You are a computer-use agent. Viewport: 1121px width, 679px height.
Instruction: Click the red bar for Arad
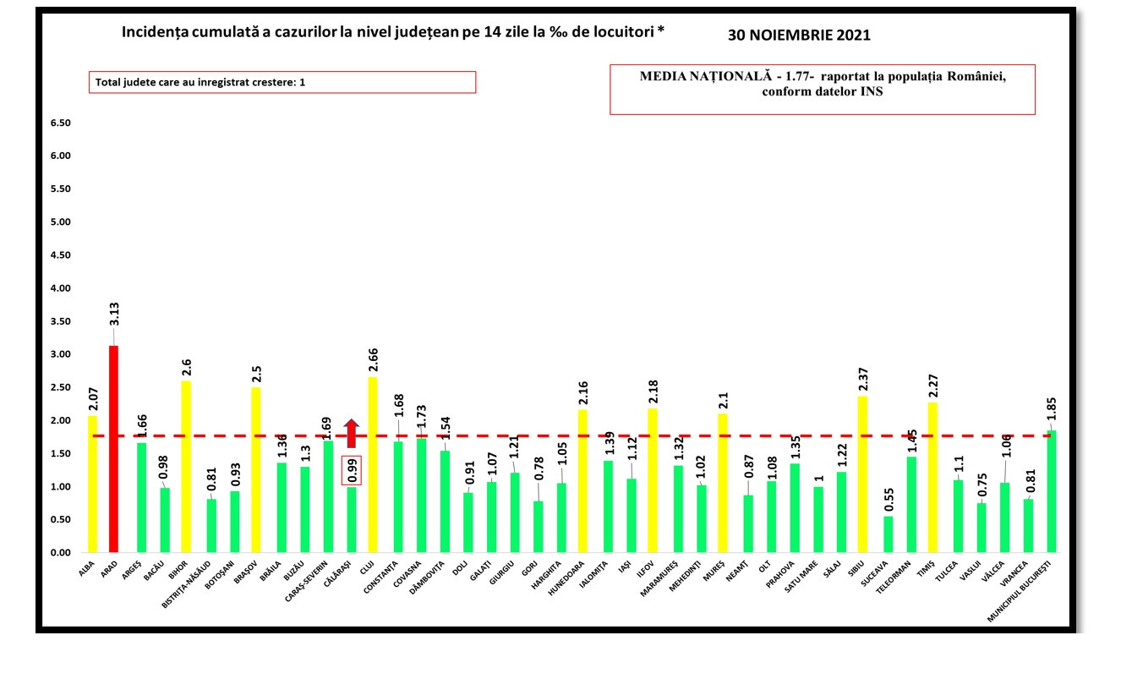coord(113,449)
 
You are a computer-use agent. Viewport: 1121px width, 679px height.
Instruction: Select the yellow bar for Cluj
coord(372,464)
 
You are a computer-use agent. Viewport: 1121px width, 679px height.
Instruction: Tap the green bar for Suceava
coord(888,534)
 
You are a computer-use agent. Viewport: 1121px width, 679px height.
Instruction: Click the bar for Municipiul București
coord(1052,491)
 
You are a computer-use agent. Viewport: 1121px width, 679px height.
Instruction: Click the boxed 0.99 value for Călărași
coord(350,470)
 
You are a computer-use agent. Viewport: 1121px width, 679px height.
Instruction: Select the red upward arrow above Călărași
coord(351,433)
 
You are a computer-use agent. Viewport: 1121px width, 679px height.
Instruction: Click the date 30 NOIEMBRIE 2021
coord(799,36)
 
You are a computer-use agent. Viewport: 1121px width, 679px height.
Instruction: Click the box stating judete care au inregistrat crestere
coord(282,82)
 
